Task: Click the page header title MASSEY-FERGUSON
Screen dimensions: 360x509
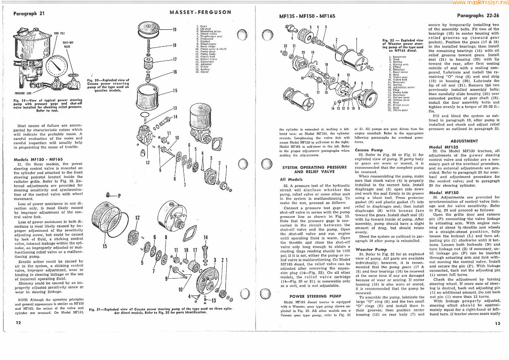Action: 200,12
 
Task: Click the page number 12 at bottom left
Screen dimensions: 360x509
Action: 18,323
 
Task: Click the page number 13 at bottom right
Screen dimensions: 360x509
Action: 498,323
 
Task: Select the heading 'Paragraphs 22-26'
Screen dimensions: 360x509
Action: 478,16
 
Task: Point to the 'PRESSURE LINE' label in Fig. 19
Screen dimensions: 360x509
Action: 23,93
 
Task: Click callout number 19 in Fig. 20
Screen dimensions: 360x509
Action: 174,29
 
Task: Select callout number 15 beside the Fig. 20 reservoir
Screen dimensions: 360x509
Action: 175,90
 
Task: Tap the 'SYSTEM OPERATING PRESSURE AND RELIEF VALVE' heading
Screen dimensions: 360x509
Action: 314,170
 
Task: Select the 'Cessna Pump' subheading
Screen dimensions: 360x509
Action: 369,150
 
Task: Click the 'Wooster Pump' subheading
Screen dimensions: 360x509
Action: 370,250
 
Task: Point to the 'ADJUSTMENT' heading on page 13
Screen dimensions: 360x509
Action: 464,141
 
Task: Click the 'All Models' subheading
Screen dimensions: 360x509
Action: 291,179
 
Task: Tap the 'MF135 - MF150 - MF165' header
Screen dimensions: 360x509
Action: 307,16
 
